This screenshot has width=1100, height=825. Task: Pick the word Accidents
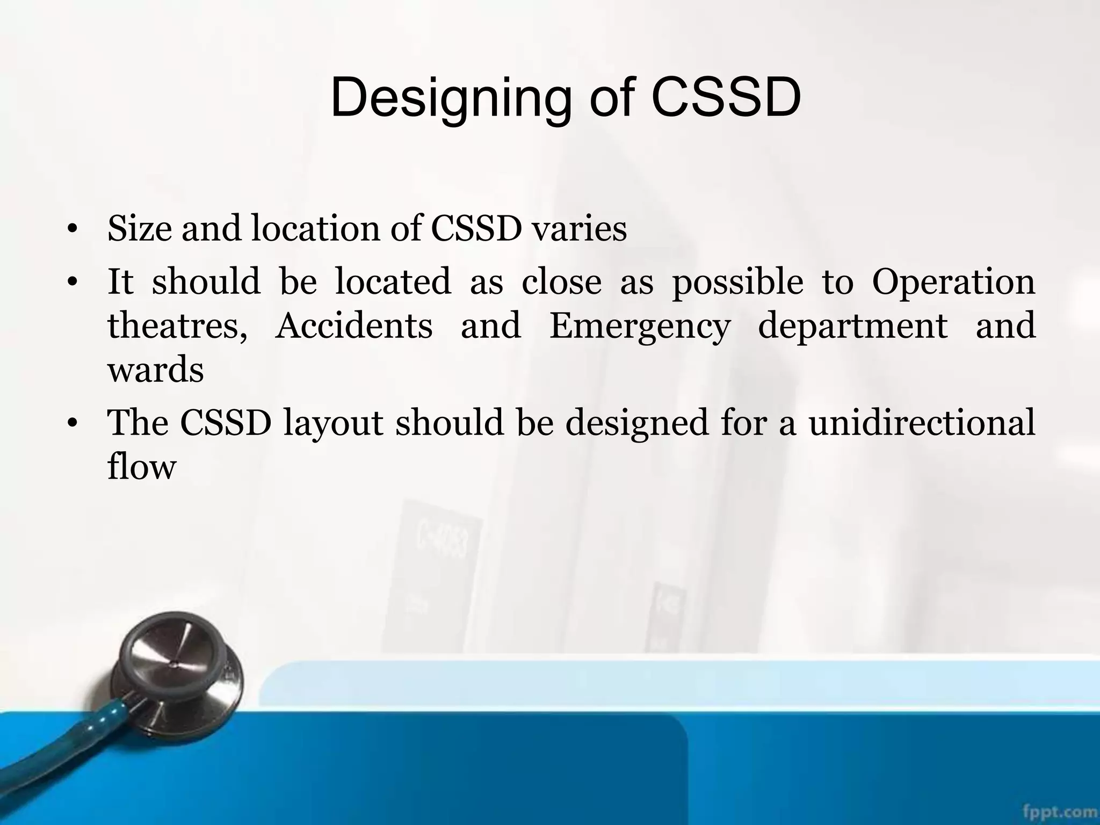coord(353,326)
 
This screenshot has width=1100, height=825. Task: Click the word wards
coord(156,370)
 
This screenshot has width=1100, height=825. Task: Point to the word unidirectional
coord(922,423)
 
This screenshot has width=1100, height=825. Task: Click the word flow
coord(142,466)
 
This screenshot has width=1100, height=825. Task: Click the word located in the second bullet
coord(393,282)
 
